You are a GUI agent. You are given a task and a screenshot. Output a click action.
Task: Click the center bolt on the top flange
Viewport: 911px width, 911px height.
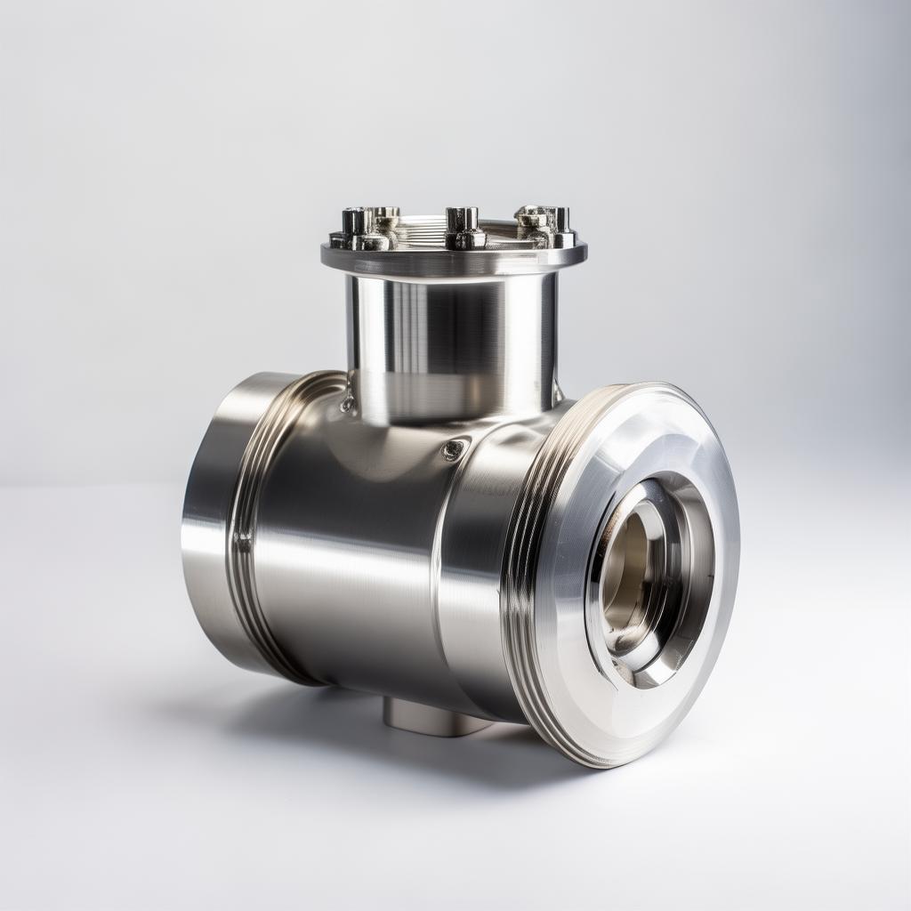pos(464,228)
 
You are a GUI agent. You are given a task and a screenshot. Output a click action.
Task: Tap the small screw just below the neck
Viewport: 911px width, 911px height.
pos(454,450)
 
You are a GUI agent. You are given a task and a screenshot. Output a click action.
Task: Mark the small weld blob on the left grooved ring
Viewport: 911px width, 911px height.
pos(241,539)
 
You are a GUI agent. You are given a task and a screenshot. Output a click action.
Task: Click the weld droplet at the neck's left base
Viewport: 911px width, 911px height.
pos(347,405)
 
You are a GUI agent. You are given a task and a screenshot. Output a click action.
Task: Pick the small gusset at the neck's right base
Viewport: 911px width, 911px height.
pos(559,391)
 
